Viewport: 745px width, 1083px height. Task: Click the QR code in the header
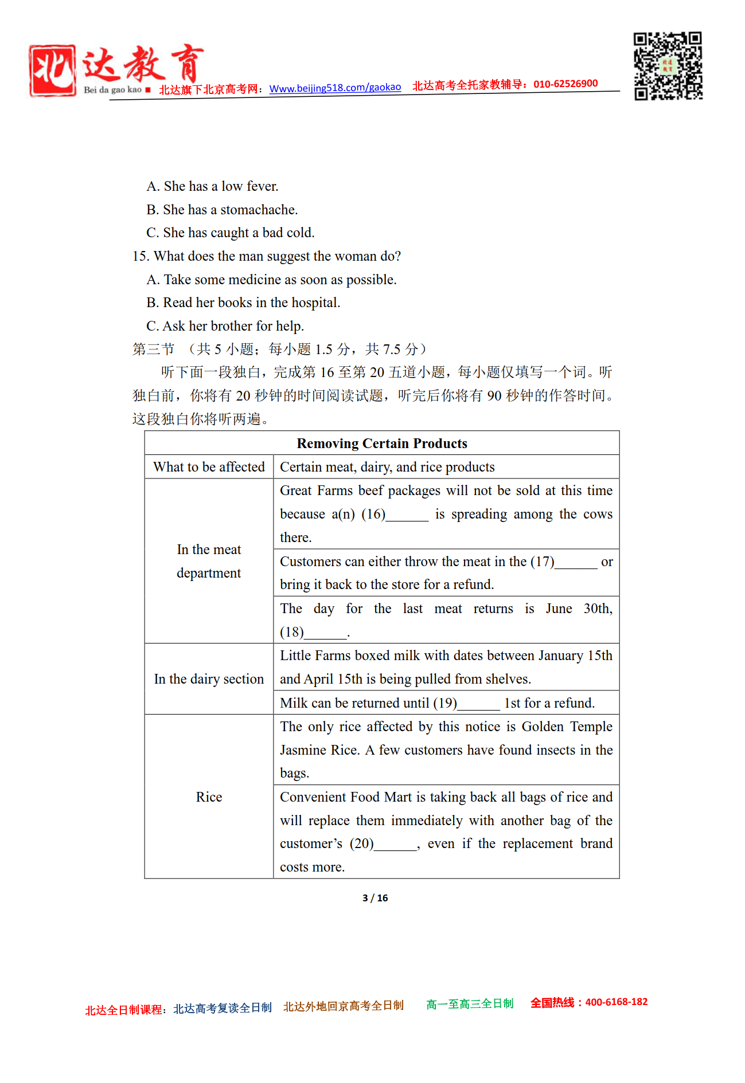(x=668, y=66)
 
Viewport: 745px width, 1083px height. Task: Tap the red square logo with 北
(x=52, y=70)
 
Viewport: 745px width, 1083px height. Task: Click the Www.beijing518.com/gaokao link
(x=335, y=88)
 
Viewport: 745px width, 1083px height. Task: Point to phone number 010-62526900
(x=565, y=84)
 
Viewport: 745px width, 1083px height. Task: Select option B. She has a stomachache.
(x=222, y=210)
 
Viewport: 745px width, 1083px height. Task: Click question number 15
(x=141, y=256)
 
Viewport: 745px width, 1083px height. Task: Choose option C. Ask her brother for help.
(x=225, y=326)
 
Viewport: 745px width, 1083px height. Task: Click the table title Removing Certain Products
(x=382, y=444)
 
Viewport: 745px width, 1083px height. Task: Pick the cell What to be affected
(x=209, y=467)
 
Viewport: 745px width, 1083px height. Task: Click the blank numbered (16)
(x=407, y=515)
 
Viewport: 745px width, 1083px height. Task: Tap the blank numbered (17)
(x=576, y=563)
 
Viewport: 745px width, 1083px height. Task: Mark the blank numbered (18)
(x=326, y=633)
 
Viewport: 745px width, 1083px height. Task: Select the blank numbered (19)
(x=479, y=704)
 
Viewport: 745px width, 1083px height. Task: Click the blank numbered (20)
(x=396, y=845)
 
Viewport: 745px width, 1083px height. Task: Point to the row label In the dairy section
(x=209, y=679)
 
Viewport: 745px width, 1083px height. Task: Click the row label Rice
(x=209, y=797)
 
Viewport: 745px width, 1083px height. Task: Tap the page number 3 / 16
(x=375, y=898)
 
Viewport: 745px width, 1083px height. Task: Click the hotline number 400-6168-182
(x=616, y=1002)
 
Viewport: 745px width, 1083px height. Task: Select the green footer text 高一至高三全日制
(x=470, y=1004)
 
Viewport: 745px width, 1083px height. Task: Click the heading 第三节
(x=153, y=349)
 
